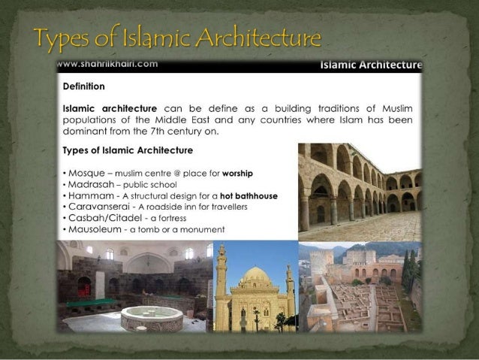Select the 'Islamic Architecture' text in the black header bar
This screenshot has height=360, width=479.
point(370,65)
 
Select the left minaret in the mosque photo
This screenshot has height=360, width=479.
point(221,274)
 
